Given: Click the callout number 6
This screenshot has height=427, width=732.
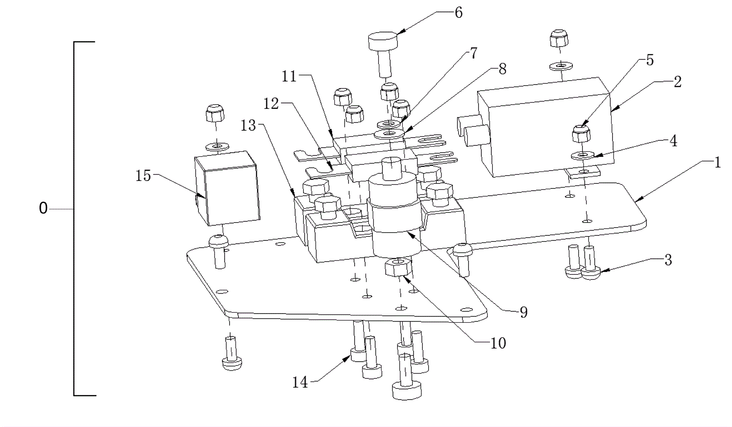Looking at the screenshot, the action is coord(458,13).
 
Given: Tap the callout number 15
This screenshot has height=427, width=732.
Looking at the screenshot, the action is coord(143,176).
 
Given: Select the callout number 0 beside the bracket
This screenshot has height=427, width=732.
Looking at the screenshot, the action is coord(43,208).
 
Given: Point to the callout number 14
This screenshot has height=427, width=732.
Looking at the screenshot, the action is coord(300,382).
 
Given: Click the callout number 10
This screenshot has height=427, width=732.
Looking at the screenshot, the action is coord(498,343).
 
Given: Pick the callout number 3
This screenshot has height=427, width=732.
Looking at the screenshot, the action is coord(668,260).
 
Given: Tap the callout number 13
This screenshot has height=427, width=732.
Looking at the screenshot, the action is coord(248,126).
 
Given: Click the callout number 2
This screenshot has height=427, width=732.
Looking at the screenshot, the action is coord(678,82).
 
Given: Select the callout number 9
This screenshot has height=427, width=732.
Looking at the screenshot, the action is coord(523,312).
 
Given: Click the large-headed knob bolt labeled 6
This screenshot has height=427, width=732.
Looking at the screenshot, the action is coord(382,54).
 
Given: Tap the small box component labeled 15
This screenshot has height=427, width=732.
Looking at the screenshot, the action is coord(227,188).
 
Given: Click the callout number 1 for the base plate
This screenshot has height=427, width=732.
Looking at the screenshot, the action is coord(717,162).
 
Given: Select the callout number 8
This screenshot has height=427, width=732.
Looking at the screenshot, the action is coord(502,69).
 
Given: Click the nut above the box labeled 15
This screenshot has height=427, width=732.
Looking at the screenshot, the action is coord(215,113).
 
